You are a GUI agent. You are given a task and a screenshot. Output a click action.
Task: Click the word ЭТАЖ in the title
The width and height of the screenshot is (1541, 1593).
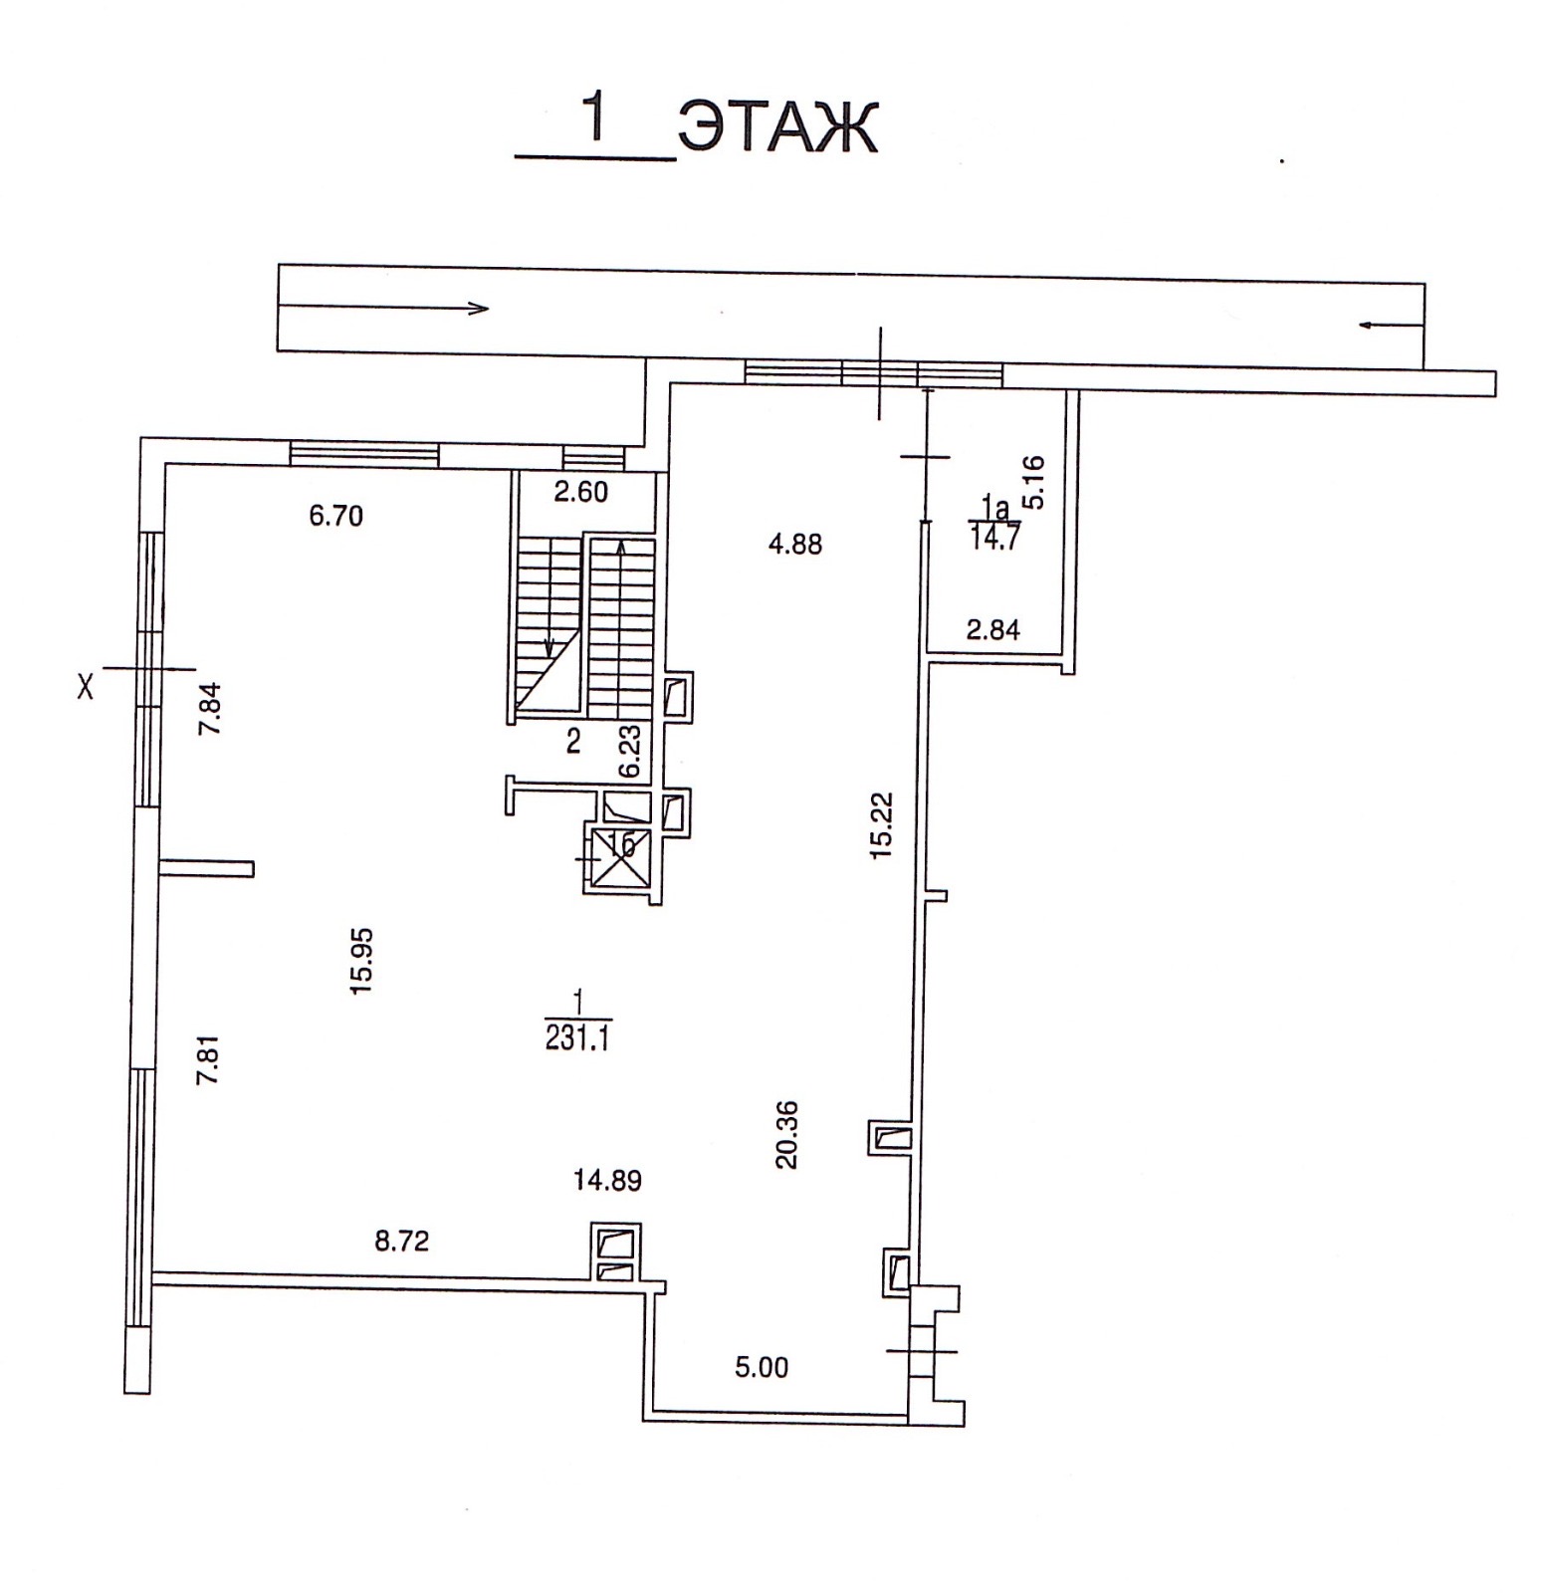point(777,126)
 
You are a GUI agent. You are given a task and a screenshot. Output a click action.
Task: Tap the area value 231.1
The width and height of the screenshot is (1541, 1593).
point(578,1038)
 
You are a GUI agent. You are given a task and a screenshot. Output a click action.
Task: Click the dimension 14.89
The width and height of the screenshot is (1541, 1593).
point(607,1181)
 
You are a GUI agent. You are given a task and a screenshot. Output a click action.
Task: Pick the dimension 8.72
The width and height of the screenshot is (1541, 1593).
point(401,1241)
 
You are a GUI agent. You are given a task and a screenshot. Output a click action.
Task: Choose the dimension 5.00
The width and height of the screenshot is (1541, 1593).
point(762,1367)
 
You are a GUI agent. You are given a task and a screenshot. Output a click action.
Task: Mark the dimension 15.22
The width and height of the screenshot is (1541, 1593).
point(882,825)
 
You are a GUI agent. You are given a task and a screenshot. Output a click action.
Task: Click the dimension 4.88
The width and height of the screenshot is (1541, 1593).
point(795,544)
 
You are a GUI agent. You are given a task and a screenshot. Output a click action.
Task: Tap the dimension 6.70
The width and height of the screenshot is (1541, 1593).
point(336,516)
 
